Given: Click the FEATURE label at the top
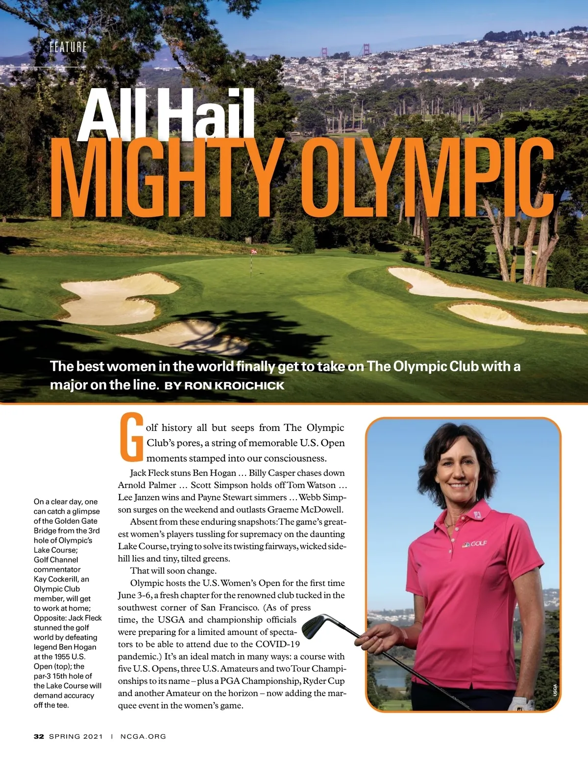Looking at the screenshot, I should (68, 47).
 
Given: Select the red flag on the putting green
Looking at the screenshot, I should (254, 252).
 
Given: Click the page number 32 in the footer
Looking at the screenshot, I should (39, 736).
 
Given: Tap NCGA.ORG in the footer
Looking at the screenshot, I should (143, 736).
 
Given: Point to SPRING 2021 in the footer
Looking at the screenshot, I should (76, 736).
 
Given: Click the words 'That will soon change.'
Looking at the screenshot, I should (173, 571).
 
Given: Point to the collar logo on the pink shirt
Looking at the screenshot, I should (478, 516).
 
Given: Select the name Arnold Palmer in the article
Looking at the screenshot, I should (147, 485).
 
